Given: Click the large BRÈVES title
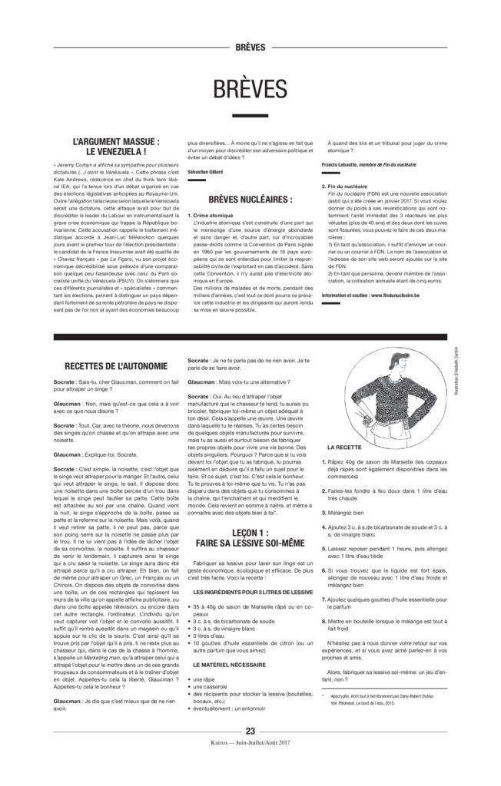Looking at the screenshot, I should coord(250,86).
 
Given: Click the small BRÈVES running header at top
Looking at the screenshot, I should coord(250,47).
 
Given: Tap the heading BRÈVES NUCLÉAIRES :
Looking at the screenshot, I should coord(250,200).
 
